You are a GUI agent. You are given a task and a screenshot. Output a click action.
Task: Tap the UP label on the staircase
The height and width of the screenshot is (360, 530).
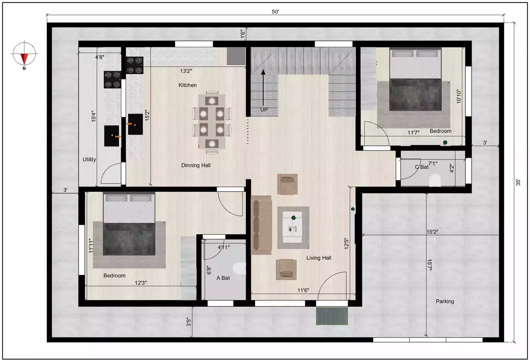264,110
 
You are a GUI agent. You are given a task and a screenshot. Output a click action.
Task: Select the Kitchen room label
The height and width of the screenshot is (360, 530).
188,85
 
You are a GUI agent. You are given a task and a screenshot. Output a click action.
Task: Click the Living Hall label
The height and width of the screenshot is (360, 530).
319,258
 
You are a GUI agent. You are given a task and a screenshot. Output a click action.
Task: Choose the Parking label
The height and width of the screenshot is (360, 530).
445,302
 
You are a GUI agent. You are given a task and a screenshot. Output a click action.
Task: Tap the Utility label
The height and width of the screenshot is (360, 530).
89,159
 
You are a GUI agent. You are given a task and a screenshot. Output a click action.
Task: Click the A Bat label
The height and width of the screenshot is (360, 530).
222,278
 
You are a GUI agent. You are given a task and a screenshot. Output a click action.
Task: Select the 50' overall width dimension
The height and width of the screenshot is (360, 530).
275,12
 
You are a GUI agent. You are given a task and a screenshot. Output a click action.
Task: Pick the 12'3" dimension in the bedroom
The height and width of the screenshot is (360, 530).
141,283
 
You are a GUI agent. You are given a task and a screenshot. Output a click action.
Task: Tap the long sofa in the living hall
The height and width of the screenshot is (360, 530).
261,225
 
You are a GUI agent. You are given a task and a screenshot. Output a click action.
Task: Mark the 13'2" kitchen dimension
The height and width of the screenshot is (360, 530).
186,71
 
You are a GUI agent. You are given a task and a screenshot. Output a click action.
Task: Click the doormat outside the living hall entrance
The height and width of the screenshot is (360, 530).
332,316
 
